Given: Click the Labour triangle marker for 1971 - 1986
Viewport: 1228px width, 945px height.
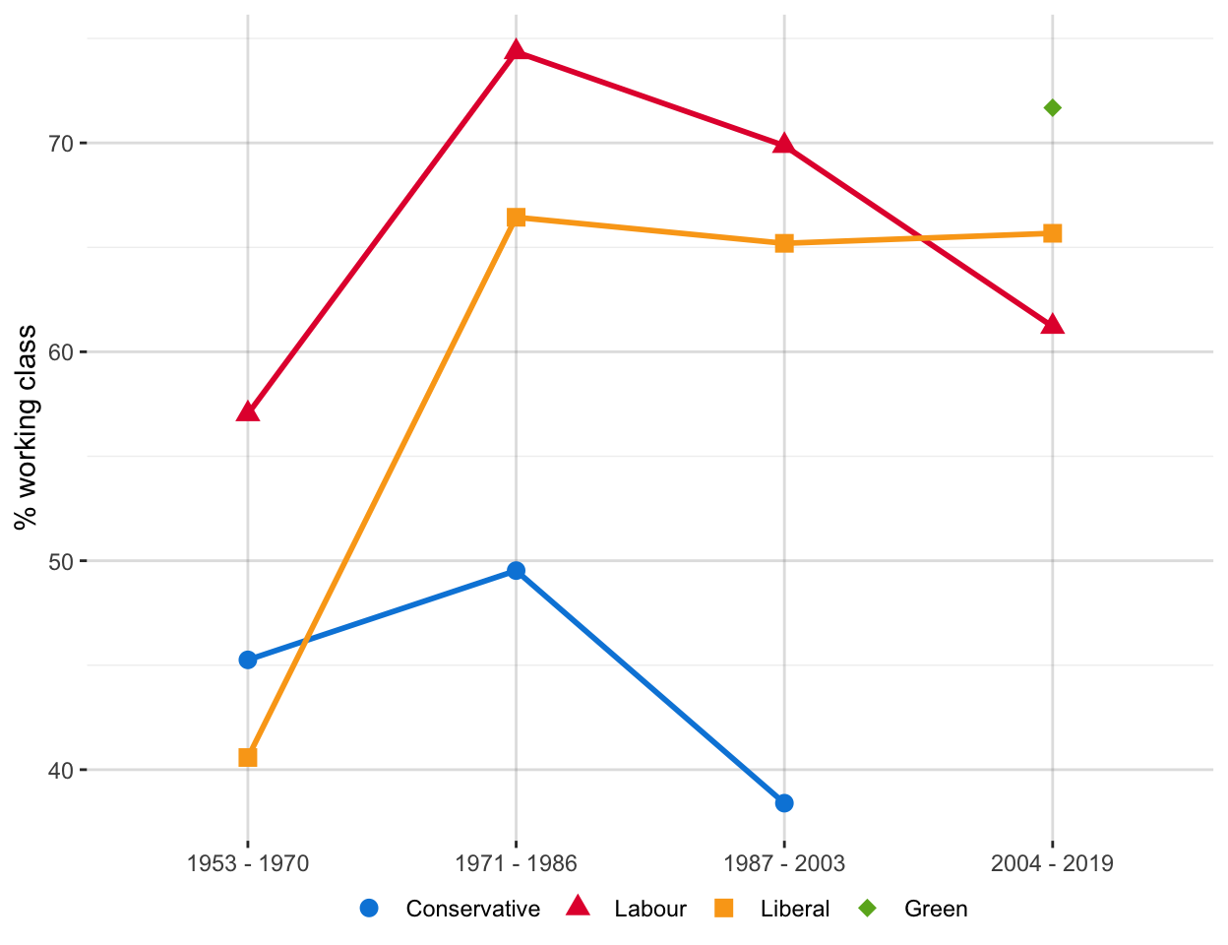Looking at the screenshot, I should [x=516, y=51].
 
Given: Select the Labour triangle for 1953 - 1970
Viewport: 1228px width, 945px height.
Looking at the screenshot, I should [x=248, y=411].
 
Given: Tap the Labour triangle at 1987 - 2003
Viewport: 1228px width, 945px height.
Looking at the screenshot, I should [x=784, y=145].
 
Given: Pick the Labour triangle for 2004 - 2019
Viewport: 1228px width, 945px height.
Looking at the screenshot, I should [x=1052, y=325].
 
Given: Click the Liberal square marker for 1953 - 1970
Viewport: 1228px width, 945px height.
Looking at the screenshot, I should [x=248, y=757].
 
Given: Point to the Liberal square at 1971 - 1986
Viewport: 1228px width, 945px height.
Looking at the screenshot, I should [x=516, y=218].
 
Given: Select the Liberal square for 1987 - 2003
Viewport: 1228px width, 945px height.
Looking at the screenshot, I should [x=784, y=243].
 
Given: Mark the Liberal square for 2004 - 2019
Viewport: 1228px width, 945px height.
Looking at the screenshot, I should [x=1052, y=233].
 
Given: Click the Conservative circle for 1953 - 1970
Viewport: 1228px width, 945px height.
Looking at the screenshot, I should [x=248, y=660].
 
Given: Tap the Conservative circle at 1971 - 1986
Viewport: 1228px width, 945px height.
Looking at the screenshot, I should [x=516, y=571].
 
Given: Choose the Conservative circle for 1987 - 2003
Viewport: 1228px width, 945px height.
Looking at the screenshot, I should [x=784, y=803].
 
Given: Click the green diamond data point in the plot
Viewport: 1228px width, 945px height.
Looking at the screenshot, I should [x=1052, y=107].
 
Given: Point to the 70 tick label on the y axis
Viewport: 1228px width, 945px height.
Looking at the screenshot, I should [x=62, y=144].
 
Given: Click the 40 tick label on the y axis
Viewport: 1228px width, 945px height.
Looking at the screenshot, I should [x=62, y=771].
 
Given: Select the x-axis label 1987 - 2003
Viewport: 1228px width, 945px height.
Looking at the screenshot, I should [x=784, y=864].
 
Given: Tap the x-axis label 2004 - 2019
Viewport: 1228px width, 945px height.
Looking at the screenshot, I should [x=1052, y=864].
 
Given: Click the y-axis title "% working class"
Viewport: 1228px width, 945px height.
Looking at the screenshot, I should [x=27, y=427].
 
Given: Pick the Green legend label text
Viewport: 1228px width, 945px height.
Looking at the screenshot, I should [x=936, y=909].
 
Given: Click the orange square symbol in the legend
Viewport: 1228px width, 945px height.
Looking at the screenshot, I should [x=723, y=909].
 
